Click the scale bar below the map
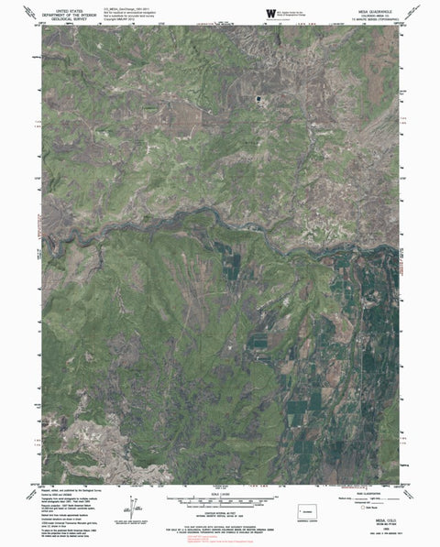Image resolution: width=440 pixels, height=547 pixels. coord(221,500)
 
